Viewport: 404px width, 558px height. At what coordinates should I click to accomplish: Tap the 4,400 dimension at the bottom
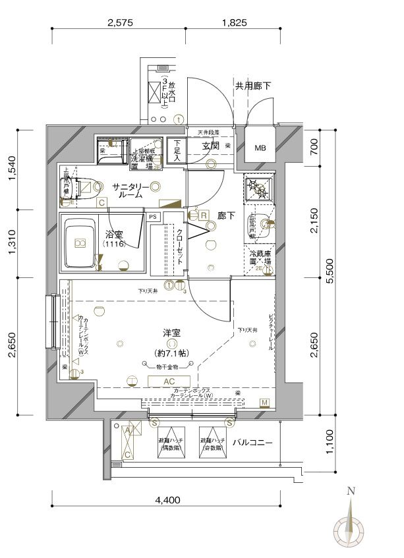167,500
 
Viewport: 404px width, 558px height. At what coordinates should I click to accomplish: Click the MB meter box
262,146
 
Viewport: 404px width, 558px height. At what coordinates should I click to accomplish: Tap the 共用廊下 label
253,86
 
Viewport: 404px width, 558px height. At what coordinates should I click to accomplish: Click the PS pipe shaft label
153,216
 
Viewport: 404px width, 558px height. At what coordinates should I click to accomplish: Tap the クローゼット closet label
180,247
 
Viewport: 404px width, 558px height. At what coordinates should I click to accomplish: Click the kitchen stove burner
258,188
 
